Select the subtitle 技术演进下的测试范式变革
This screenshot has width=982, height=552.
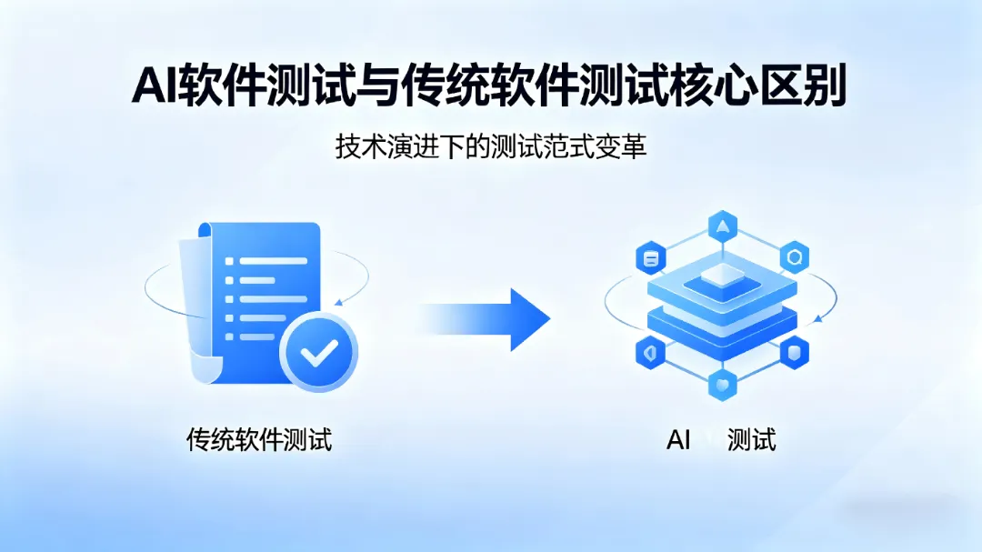[x=491, y=147]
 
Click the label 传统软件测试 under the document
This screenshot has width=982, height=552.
[x=259, y=441]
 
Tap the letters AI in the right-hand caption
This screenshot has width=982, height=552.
[x=679, y=441]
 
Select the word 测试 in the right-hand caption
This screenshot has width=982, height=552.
[x=752, y=441]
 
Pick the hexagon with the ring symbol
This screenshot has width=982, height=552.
[x=795, y=258]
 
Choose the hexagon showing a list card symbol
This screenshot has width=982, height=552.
[x=650, y=258]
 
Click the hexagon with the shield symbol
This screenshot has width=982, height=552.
[x=795, y=352]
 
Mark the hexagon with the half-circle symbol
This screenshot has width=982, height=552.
[x=650, y=352]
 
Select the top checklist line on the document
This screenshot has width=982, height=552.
[x=272, y=260]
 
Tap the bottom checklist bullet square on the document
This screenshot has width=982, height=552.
[x=230, y=336]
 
